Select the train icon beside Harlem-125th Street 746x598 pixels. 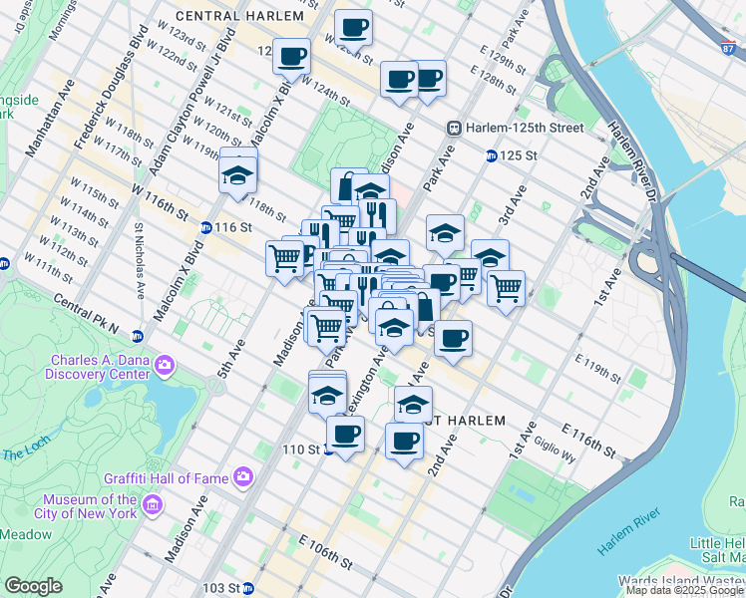point(454,128)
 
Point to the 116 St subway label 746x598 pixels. point(231,227)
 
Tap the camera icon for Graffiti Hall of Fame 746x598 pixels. point(243,477)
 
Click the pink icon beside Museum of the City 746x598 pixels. point(153,506)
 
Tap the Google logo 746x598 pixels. point(34,586)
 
